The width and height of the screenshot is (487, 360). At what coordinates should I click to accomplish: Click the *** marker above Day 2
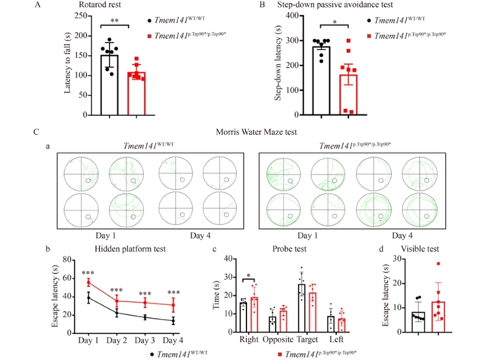(117, 291)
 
